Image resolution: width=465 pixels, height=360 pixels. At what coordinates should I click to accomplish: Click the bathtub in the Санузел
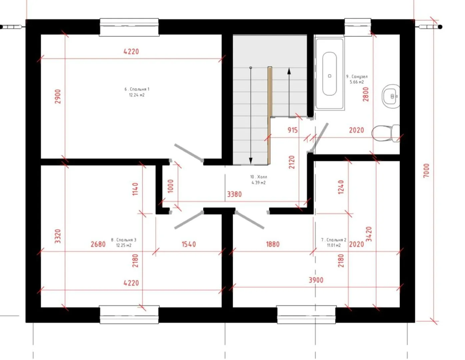pos(329,74)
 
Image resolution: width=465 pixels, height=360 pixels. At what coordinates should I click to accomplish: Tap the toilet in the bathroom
pos(385,133)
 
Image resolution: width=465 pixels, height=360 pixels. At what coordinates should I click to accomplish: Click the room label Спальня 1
pos(137,89)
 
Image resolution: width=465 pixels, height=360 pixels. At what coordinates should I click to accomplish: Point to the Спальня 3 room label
pos(124,240)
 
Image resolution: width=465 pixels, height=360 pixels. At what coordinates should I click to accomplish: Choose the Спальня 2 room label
pos(334,240)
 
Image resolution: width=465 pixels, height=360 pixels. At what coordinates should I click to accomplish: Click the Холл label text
pos(259,177)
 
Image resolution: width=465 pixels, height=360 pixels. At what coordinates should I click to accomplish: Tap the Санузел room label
pos(357,76)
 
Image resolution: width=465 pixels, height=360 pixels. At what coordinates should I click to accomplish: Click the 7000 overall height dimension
pos(426,170)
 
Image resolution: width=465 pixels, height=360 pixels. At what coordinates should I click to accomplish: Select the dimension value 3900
pos(316,280)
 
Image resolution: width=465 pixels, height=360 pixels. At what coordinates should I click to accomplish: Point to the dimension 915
pos(293,130)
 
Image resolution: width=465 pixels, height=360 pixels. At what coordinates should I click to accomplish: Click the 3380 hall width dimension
pos(234,194)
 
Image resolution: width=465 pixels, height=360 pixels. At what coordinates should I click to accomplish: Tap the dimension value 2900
pos(58,96)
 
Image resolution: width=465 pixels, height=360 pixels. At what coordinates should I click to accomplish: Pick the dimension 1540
pos(189,244)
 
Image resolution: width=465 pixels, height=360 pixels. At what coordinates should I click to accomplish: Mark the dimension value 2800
pos(366,94)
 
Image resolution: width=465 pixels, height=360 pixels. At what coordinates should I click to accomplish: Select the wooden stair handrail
pos(270,116)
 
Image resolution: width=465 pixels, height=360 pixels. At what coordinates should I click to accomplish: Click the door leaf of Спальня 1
pos(189,153)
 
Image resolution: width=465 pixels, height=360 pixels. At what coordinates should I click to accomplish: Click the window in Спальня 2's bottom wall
pos(306,315)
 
